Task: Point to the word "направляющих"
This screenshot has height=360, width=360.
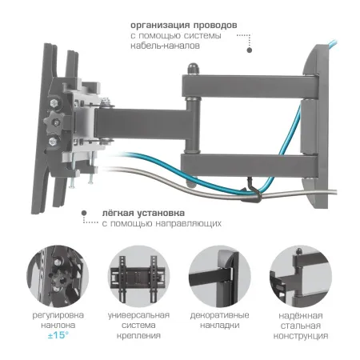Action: (189, 225)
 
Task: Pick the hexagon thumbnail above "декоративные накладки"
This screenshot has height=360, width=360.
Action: (222, 274)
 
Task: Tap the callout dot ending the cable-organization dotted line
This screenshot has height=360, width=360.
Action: (249, 50)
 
